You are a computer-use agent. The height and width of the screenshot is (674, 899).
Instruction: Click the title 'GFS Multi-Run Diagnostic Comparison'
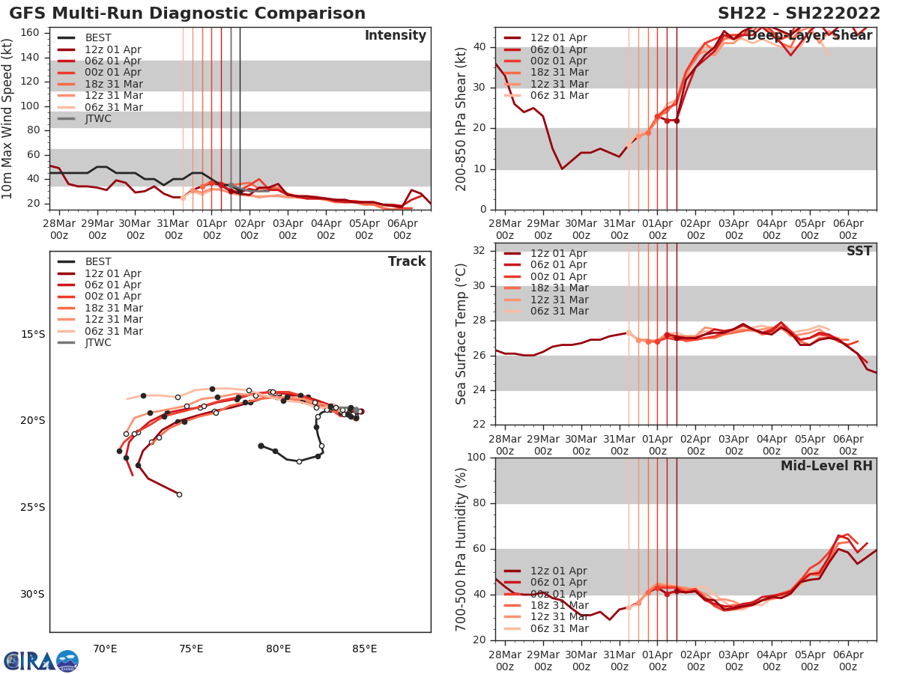pos(187,13)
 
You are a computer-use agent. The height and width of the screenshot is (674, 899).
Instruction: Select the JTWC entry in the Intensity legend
pos(98,118)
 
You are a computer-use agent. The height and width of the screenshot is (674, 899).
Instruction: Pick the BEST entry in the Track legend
pos(98,261)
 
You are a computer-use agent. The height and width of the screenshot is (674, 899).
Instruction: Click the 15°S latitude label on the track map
pos(32,334)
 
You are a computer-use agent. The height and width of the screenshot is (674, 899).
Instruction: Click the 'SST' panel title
pos(859,251)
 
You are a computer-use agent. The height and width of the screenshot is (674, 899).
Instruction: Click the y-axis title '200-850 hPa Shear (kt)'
pos(461,118)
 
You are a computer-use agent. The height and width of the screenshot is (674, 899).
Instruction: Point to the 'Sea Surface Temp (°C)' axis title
pos(461,334)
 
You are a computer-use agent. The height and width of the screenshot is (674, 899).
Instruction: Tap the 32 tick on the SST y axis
pos(479,251)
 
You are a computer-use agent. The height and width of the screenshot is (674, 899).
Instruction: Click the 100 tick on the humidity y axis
pos(476,458)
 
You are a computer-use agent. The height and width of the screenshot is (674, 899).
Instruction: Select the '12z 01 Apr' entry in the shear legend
pos(559,37)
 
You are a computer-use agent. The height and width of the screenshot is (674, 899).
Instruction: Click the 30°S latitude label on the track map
pos(32,594)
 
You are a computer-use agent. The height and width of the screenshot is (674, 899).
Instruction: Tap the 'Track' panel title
pos(407,261)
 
